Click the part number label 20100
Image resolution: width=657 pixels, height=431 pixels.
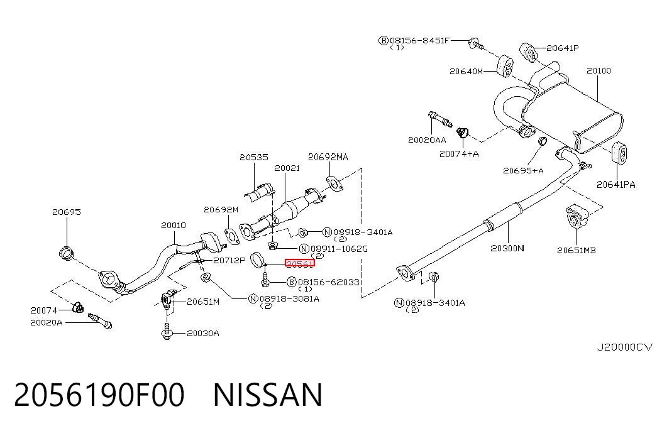pos(599,71)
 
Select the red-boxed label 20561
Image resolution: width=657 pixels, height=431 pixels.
pos(300,263)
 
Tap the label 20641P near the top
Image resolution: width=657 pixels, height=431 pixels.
pos(562,48)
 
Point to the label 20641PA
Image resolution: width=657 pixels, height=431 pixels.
pos(616,184)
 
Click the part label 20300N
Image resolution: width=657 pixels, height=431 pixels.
pos(507,248)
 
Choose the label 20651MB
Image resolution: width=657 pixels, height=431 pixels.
pos(576,251)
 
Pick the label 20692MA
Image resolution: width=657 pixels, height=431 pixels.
pos(328,157)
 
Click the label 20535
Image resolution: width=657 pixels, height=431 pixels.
pos(254,157)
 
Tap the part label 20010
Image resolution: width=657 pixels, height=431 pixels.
pos(174,226)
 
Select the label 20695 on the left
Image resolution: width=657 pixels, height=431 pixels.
pos(67,212)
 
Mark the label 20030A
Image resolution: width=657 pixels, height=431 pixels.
pos(203,334)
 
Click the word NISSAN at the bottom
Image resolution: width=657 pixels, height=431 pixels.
pos(268,395)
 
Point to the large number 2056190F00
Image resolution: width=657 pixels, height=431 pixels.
pos(99,395)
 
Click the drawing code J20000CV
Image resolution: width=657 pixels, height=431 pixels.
pos(625,347)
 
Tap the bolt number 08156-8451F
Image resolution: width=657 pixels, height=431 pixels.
pos(420,41)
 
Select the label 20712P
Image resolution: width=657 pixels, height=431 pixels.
pos(229,261)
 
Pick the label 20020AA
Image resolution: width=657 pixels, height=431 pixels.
pos(427,140)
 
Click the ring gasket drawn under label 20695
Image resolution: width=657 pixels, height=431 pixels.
pos(67,253)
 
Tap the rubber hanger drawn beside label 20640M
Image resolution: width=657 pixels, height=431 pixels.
pos(505,65)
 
